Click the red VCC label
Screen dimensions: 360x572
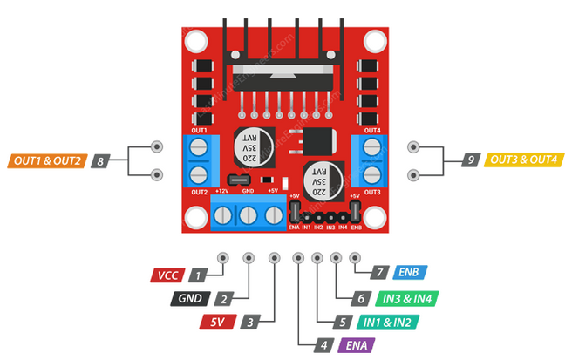tap(167, 275)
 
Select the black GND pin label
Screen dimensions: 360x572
tap(190, 299)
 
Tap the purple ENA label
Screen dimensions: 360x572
tap(356, 345)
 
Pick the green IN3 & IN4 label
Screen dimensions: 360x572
tap(407, 298)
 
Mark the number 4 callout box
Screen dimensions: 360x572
tap(323, 345)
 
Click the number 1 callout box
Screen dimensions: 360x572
tap(200, 275)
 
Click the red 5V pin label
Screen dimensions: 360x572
tap(217, 322)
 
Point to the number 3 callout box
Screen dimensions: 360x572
tap(249, 322)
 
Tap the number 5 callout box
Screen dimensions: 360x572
tap(343, 322)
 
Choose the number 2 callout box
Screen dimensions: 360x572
tap(224, 299)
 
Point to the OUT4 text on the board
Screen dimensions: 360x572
tap(372, 131)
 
